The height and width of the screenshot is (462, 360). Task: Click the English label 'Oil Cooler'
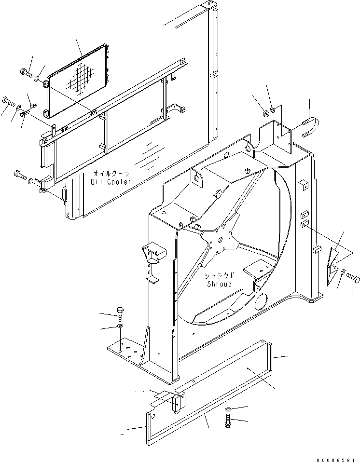pos(111,181)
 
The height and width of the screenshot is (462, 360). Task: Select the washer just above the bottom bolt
pos(228,410)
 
